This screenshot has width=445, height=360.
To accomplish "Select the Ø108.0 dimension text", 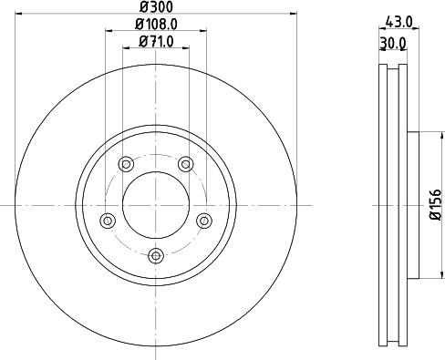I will tap(156, 25).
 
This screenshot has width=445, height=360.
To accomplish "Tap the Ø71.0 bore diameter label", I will tap(156, 42).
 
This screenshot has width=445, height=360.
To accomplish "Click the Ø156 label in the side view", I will tap(435, 206).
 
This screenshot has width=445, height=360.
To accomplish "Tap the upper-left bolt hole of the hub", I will tap(126, 164).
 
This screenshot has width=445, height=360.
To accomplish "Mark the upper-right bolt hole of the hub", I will tap(186, 164).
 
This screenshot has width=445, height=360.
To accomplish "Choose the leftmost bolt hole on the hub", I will tap(108, 220).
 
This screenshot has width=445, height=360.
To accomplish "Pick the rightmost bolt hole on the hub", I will tap(204, 220).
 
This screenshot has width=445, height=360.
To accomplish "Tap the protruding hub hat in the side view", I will tap(410, 205).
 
